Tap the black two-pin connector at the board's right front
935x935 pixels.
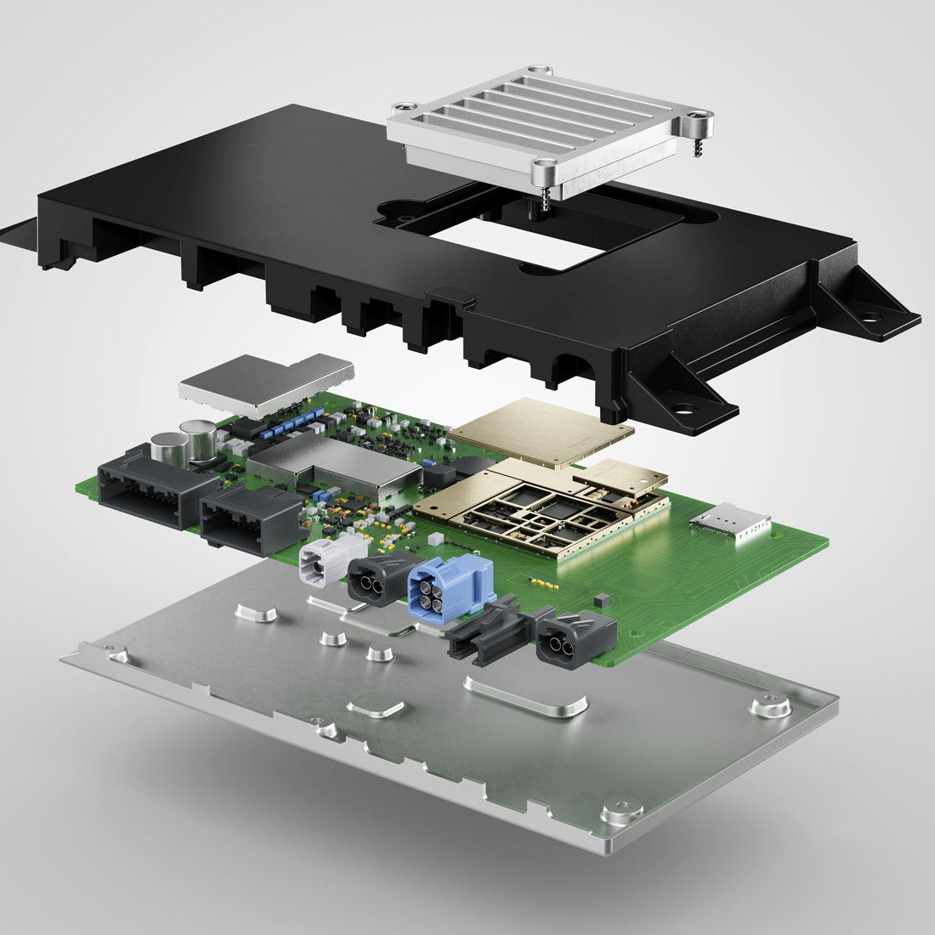(x=574, y=639)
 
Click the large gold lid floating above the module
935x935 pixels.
(x=541, y=431)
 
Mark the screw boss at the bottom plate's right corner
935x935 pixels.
(x=770, y=703)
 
